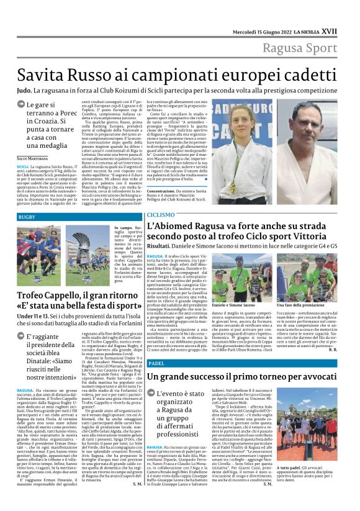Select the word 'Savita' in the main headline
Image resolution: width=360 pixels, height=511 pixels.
(x=40, y=76)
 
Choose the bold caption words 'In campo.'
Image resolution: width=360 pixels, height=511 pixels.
(x=124, y=228)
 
